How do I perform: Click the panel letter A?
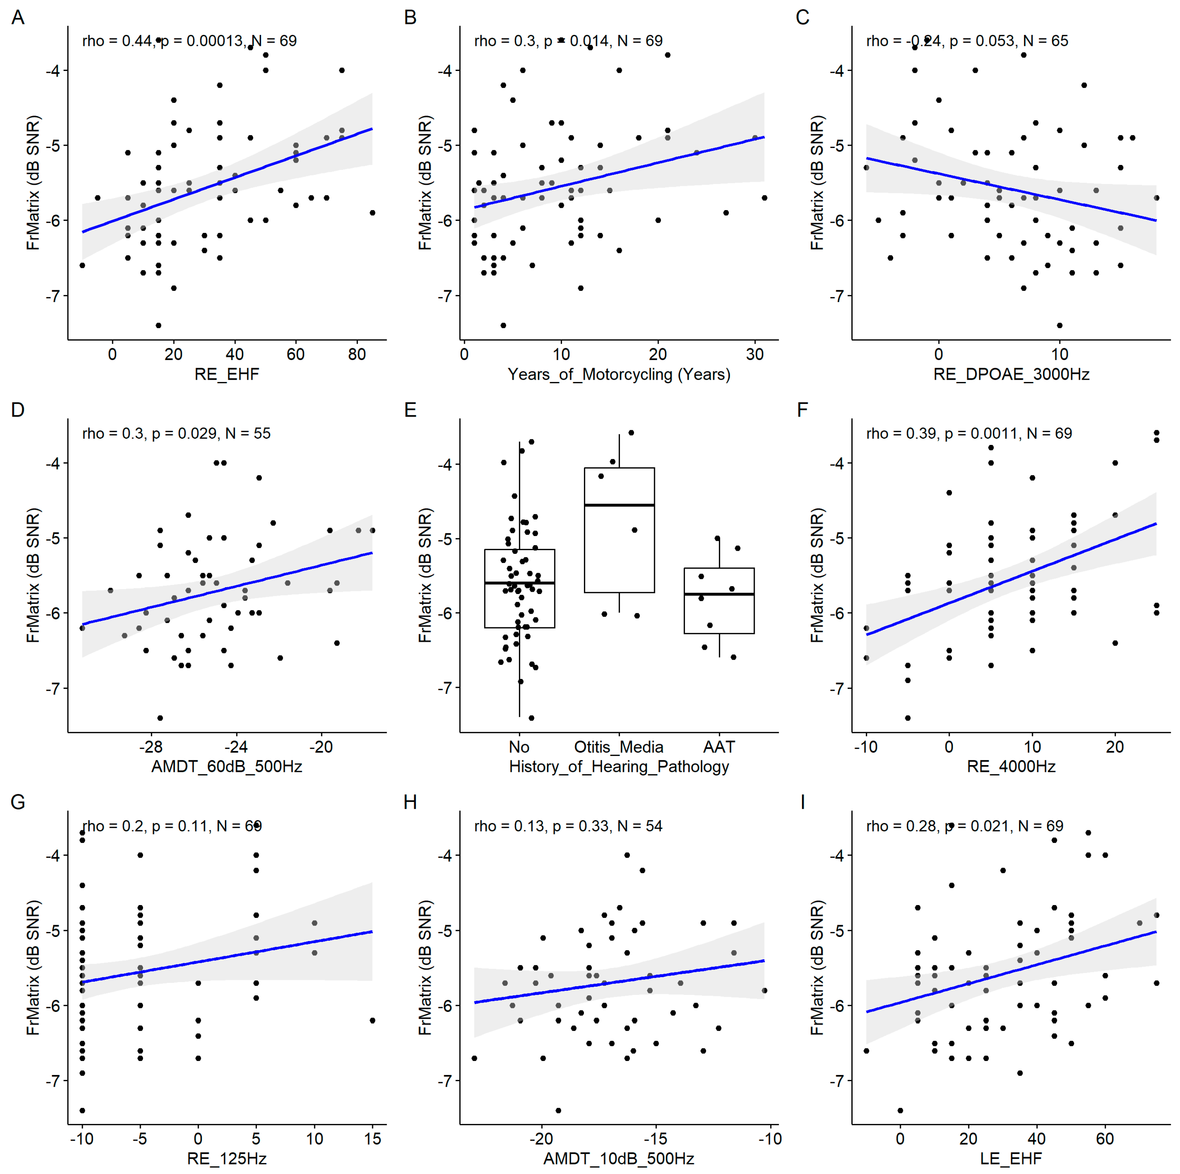pyautogui.click(x=18, y=18)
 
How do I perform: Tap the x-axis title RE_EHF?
pyautogui.click(x=227, y=374)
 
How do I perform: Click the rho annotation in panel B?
pyautogui.click(x=568, y=41)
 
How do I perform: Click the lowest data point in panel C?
pyautogui.click(x=1060, y=325)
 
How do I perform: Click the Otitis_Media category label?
pyautogui.click(x=619, y=747)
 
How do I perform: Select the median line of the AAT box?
pyautogui.click(x=719, y=594)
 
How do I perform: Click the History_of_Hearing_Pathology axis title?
pyautogui.click(x=619, y=767)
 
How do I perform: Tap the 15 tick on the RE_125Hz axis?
pyautogui.click(x=373, y=1139)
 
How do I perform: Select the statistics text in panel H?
pyautogui.click(x=568, y=826)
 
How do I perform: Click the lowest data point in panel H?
pyautogui.click(x=558, y=1111)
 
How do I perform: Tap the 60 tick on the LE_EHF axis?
pyautogui.click(x=1105, y=1139)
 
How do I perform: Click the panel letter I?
pyautogui.click(x=802, y=802)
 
